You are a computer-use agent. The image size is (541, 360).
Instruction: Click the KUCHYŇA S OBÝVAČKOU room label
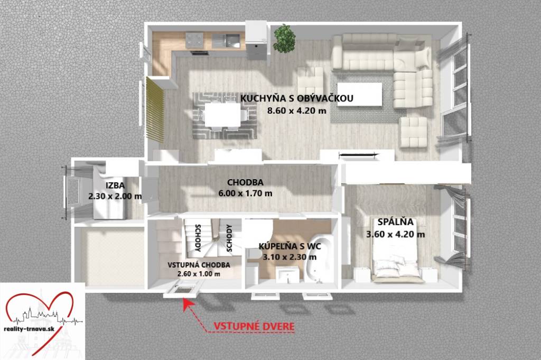point(297,98)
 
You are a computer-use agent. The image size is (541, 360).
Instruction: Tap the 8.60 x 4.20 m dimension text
point(297,111)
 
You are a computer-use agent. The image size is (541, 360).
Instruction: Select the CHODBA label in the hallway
point(245,182)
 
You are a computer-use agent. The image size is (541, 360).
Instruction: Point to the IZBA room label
point(115,186)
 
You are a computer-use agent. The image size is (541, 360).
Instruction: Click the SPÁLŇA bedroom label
point(395,221)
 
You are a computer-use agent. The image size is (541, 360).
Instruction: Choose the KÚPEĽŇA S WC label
point(290,246)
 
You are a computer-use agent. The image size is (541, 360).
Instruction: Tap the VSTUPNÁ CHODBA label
point(199,265)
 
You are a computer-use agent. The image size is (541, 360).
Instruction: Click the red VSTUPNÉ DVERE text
point(254,326)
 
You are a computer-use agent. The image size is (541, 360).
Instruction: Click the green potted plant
point(284,38)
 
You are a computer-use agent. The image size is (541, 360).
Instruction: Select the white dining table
point(222,115)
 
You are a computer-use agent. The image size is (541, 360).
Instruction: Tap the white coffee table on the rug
point(359,94)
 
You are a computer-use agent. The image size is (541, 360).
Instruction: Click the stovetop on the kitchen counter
point(194,40)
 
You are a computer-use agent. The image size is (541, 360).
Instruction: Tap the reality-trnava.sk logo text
point(30,329)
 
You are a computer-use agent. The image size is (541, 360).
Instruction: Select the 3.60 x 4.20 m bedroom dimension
point(395,234)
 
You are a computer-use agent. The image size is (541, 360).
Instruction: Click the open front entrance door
point(182,289)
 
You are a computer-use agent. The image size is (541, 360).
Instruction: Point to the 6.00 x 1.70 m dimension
point(245,193)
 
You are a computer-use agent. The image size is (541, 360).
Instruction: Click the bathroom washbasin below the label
point(287,274)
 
